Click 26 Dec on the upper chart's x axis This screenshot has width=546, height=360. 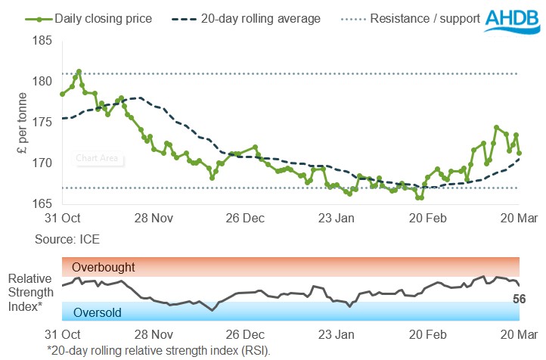click(x=245, y=219)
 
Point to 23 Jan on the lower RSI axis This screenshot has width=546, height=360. click(x=337, y=334)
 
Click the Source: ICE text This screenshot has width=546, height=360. click(x=67, y=239)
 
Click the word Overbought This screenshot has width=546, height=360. click(x=104, y=267)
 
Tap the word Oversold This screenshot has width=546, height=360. click(x=98, y=312)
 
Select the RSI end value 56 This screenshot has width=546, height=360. click(x=520, y=299)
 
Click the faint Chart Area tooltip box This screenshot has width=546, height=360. click(x=98, y=159)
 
